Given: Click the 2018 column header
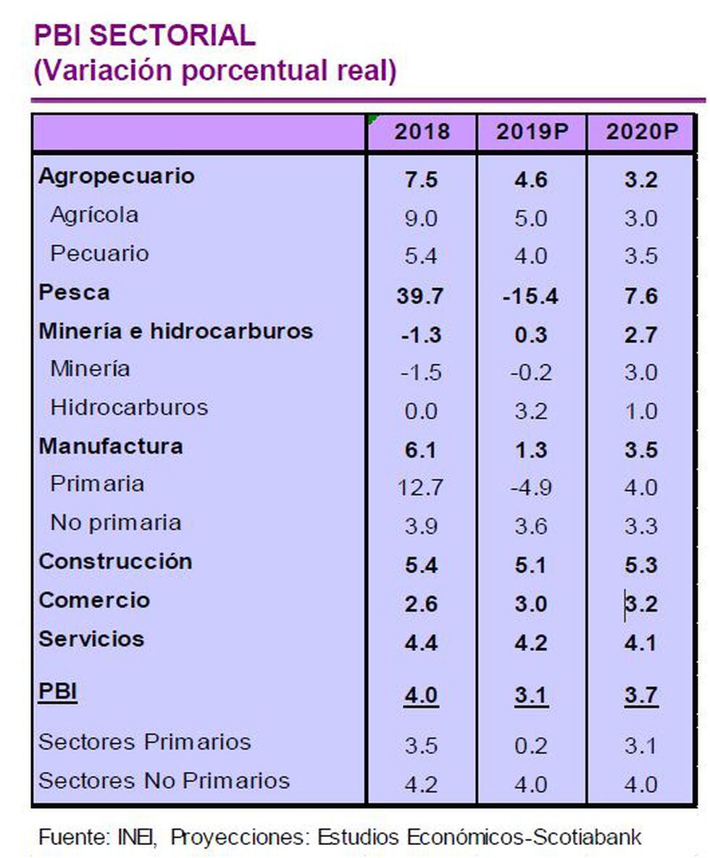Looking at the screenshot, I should pos(422,132).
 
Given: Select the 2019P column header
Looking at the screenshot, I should pos(531,132).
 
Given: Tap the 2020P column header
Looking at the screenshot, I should pos(641,132).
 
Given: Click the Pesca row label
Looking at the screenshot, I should pos(74,293).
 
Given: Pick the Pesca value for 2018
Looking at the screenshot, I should pos(420,295).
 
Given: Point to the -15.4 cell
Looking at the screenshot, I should pos(530,295).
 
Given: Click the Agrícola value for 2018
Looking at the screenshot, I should pos(420,218).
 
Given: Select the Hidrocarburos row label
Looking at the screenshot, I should pos(129,408).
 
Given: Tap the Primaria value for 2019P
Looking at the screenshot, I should pos(530,487).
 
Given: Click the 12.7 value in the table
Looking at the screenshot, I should pos(420,487).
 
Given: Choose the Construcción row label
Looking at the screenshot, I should pos(115,562).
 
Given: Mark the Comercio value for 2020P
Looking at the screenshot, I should pos(641,604).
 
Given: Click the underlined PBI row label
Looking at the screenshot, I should pos(57,692).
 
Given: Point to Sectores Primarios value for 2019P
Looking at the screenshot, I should pos(531,746).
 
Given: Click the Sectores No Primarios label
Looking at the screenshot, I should pos(164,781).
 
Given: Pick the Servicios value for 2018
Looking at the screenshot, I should pos(420,642).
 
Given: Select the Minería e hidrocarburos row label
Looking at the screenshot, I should pos(175,331).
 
